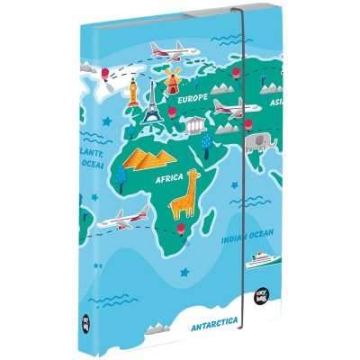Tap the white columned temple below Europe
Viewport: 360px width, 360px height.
click(x=213, y=125)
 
